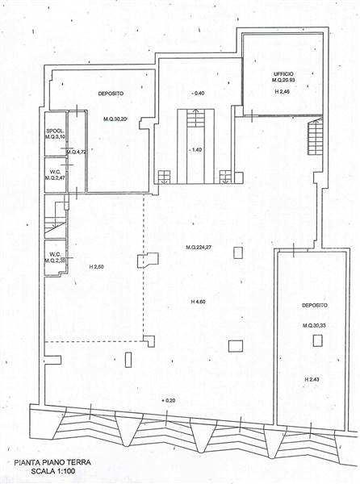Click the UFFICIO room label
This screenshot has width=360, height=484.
[283, 73]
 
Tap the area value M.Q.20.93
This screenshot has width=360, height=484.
[283, 82]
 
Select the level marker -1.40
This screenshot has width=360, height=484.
[195, 150]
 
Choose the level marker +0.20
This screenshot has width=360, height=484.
[168, 401]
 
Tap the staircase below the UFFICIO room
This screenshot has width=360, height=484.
[313, 140]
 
